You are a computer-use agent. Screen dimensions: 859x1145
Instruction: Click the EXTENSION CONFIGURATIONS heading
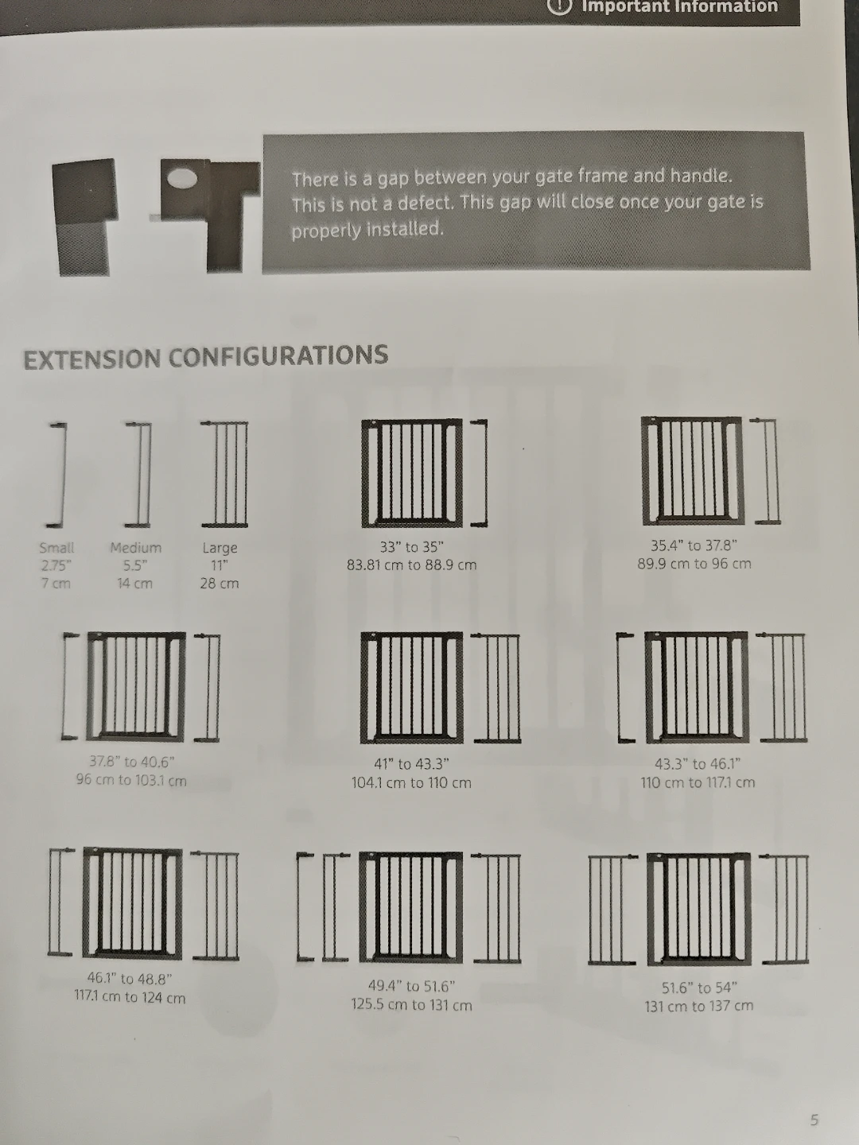point(205,357)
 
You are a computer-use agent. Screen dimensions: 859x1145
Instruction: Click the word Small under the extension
point(56,548)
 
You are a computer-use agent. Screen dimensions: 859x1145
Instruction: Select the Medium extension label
point(135,548)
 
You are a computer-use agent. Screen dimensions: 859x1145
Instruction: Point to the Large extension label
point(220,548)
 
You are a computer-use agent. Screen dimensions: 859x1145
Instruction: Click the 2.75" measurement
point(56,565)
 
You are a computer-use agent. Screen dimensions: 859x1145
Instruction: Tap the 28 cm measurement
point(219,583)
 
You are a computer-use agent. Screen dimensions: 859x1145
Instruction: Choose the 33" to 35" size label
point(411,547)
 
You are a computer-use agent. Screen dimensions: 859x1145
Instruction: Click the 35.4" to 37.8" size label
point(694,545)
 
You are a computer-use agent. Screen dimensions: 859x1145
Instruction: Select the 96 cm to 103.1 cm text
point(131,780)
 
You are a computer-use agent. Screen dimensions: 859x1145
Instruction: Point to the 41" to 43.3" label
point(411,764)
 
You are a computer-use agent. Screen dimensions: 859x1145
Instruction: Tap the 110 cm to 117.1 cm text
point(698,782)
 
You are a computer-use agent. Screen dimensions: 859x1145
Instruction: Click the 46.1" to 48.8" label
point(130,979)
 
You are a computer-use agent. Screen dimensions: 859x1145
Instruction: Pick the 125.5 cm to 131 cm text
point(411,1005)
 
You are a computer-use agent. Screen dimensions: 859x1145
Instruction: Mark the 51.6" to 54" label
point(699,988)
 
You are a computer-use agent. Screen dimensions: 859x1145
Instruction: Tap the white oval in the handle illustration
point(182,179)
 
